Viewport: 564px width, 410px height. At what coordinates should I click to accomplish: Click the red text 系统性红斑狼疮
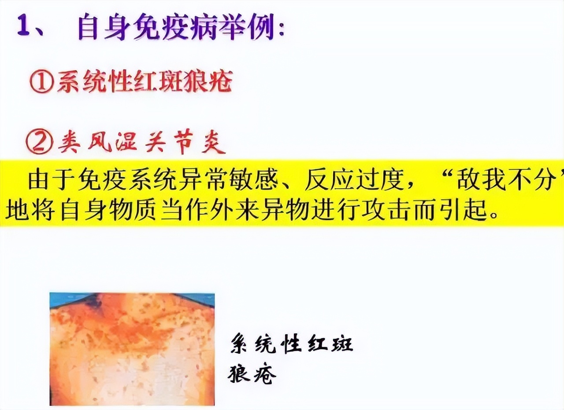point(144,82)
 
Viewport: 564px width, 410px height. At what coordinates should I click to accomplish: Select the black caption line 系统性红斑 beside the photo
point(291,344)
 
